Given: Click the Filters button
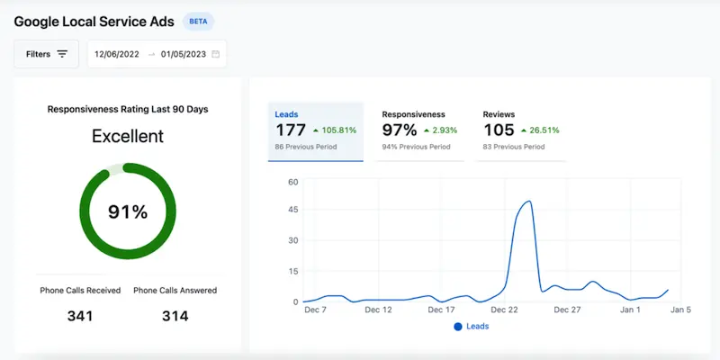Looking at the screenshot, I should coord(46,54).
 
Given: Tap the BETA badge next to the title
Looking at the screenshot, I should coord(198,21).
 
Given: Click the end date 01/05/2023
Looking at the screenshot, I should coord(184,54).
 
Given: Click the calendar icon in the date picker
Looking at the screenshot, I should coord(216,54).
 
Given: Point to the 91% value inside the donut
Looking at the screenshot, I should coord(128,211).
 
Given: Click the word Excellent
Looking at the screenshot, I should coord(128,136).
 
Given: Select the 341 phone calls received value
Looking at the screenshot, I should coord(81,316).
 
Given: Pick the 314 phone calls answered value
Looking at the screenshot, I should coord(175,316).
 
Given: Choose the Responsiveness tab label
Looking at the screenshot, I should coord(413,115).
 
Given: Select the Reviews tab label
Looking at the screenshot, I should coord(499,115).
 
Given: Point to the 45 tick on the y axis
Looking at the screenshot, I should coord(292,211).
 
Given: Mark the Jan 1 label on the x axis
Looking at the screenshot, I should coord(631,310).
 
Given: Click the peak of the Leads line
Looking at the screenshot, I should coord(528,201).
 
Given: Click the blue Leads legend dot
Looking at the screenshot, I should coord(459,326).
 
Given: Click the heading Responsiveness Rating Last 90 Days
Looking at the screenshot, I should coord(128,109).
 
